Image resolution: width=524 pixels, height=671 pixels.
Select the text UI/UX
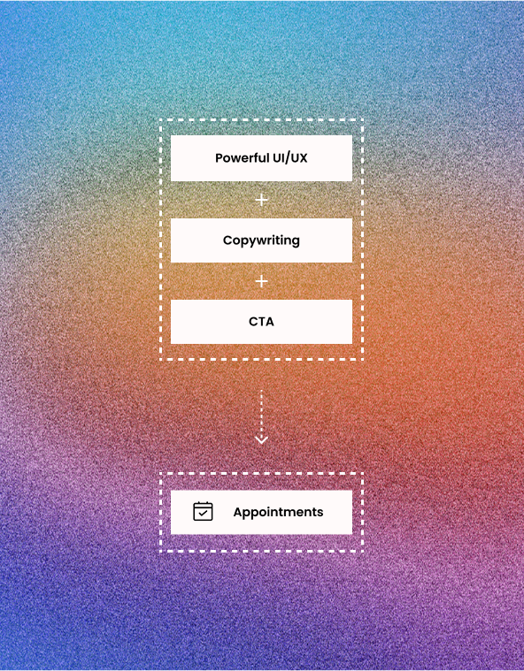[290, 158]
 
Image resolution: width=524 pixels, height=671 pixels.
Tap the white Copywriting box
[261, 240]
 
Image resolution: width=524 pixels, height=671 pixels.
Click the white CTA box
[261, 322]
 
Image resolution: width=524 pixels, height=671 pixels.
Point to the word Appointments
[278, 513]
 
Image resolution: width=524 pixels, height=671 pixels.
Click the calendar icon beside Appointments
[203, 511]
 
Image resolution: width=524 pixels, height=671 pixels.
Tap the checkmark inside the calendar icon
[203, 513]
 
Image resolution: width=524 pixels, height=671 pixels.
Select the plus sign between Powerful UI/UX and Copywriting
[261, 201]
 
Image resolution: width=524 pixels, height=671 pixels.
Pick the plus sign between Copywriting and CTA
[261, 281]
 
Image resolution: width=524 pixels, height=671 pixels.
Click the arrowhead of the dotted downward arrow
[261, 439]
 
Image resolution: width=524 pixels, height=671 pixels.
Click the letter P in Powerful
[219, 158]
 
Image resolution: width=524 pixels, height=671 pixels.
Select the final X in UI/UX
[303, 158]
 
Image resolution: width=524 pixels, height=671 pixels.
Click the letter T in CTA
[262, 322]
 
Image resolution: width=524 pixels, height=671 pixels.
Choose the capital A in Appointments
[239, 512]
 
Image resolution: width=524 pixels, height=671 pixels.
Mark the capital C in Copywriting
[228, 240]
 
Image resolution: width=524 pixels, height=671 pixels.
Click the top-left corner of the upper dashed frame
[160, 120]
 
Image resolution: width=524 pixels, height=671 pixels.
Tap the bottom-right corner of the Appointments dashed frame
[363, 551]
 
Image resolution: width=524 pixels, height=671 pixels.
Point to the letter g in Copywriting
[296, 242]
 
